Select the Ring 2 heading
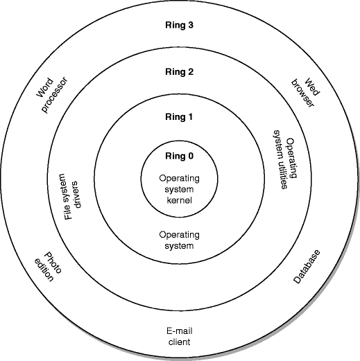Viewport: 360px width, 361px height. pyautogui.click(x=179, y=71)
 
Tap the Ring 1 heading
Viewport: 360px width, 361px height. pyautogui.click(x=179, y=117)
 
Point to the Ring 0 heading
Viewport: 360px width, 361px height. pyautogui.click(x=179, y=155)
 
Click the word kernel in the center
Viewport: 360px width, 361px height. pyautogui.click(x=180, y=200)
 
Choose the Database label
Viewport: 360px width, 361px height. pyautogui.click(x=305, y=266)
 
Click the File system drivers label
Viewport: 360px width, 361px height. pyautogui.click(x=74, y=197)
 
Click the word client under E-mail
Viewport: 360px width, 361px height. pyautogui.click(x=180, y=342)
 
